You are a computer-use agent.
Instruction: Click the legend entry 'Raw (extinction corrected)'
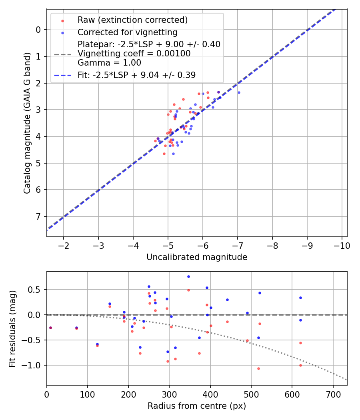132,20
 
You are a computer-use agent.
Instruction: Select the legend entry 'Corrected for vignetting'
127,32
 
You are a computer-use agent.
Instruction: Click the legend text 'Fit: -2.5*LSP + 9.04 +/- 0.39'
136,74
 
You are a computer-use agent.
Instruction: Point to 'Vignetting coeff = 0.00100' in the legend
134,53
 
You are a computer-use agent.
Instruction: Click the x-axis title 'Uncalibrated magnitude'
197,257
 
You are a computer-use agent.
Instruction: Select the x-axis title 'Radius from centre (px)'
197,406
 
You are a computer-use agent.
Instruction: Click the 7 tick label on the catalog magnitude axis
38,216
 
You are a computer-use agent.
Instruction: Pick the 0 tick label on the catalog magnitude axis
38,30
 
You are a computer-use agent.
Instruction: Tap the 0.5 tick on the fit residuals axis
35,290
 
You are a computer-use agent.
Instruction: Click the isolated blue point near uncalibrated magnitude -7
239,92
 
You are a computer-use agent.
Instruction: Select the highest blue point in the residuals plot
188,276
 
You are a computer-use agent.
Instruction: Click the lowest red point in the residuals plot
258,368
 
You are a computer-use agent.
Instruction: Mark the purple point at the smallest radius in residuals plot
50,328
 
